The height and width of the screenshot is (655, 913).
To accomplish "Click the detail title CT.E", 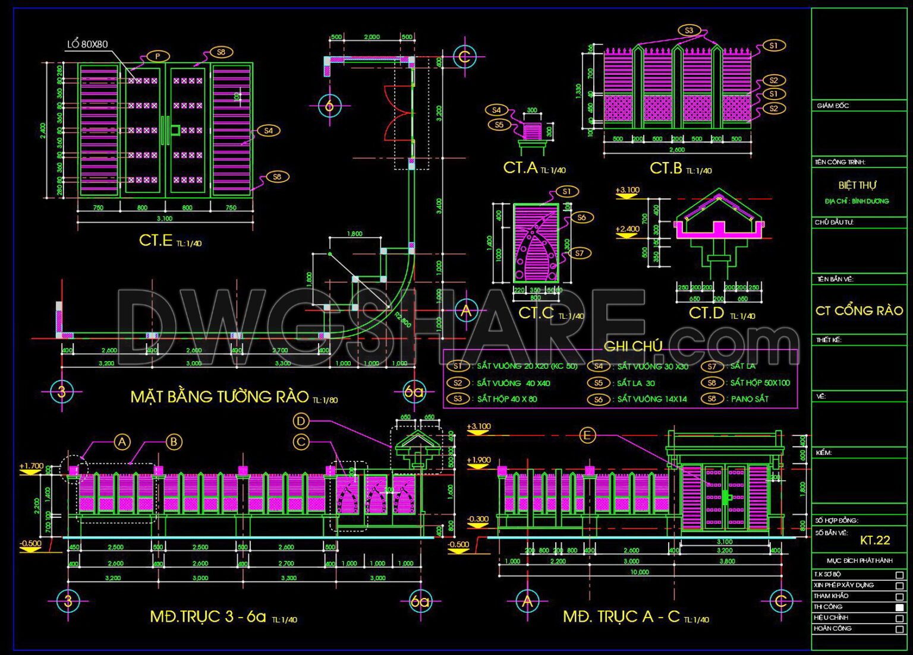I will coord(156,240).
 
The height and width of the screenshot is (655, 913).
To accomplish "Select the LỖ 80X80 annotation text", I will coord(87,45).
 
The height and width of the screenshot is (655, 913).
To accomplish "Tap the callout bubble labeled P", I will coord(158,56).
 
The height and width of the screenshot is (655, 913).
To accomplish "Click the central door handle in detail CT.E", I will coord(166,130).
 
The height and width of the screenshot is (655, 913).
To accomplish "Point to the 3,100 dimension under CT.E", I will coord(165,219).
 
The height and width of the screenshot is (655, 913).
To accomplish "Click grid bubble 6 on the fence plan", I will coord(329,106).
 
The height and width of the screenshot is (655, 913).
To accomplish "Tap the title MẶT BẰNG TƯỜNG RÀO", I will coord(219,397).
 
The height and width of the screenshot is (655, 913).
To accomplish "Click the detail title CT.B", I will coord(666,168).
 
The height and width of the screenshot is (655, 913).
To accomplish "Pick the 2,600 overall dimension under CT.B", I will coord(677,150).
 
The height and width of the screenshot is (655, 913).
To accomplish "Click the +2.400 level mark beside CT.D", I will coord(627,229).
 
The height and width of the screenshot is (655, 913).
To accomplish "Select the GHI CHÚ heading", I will coord(632,346).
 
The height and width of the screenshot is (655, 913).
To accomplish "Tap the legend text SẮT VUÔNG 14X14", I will coord(651,399).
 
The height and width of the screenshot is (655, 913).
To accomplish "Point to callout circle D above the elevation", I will coord(301,421).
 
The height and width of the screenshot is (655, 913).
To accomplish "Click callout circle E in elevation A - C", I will coord(587,436).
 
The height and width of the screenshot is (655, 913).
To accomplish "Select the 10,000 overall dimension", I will coord(640,572).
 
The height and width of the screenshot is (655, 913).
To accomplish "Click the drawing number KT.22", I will coord(875,540).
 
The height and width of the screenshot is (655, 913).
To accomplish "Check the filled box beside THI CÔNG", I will coord(899,607).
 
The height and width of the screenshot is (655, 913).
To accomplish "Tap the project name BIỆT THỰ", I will coord(858,185).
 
